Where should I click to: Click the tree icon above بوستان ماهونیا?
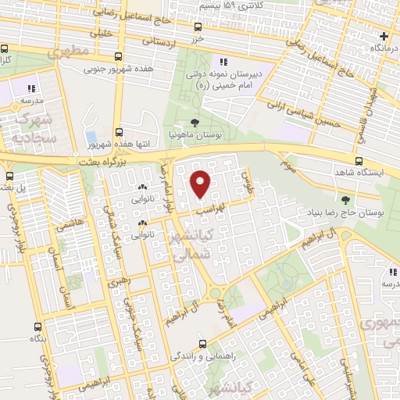(194, 122)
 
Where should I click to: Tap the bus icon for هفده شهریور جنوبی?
(118, 56)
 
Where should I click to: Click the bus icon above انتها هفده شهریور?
(118, 133)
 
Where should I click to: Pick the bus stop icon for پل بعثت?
(9, 176)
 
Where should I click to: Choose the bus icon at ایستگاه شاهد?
(358, 162)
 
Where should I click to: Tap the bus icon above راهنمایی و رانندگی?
(202, 343)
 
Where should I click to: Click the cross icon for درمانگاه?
(383, 36)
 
